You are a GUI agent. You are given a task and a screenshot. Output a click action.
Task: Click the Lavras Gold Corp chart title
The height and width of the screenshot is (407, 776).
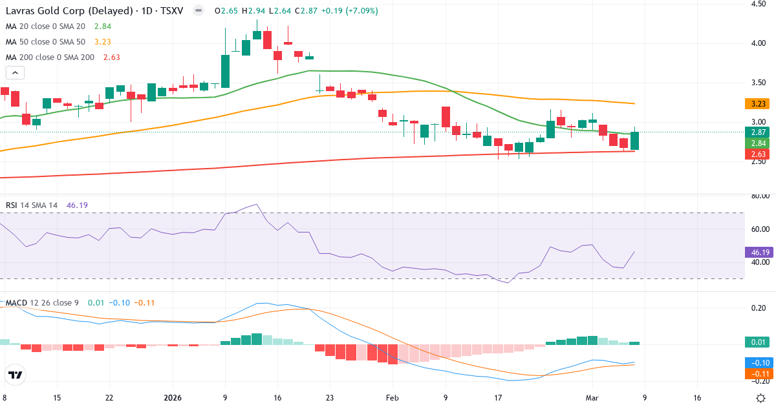[x=97, y=11]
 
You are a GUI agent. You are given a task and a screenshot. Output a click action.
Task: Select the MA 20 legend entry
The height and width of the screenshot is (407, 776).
[x=45, y=26]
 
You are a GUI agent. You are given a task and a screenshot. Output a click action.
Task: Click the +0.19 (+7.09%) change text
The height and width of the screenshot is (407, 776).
[x=346, y=11]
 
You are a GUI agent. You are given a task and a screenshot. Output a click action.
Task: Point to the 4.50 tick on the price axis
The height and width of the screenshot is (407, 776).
[x=759, y=4]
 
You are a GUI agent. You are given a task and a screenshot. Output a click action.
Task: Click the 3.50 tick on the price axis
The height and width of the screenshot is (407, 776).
[x=759, y=83]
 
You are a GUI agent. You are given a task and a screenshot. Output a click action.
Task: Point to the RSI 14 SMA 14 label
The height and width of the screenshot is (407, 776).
[x=32, y=205]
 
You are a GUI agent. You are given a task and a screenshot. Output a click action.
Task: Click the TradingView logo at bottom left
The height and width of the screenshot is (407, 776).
[x=15, y=375]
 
